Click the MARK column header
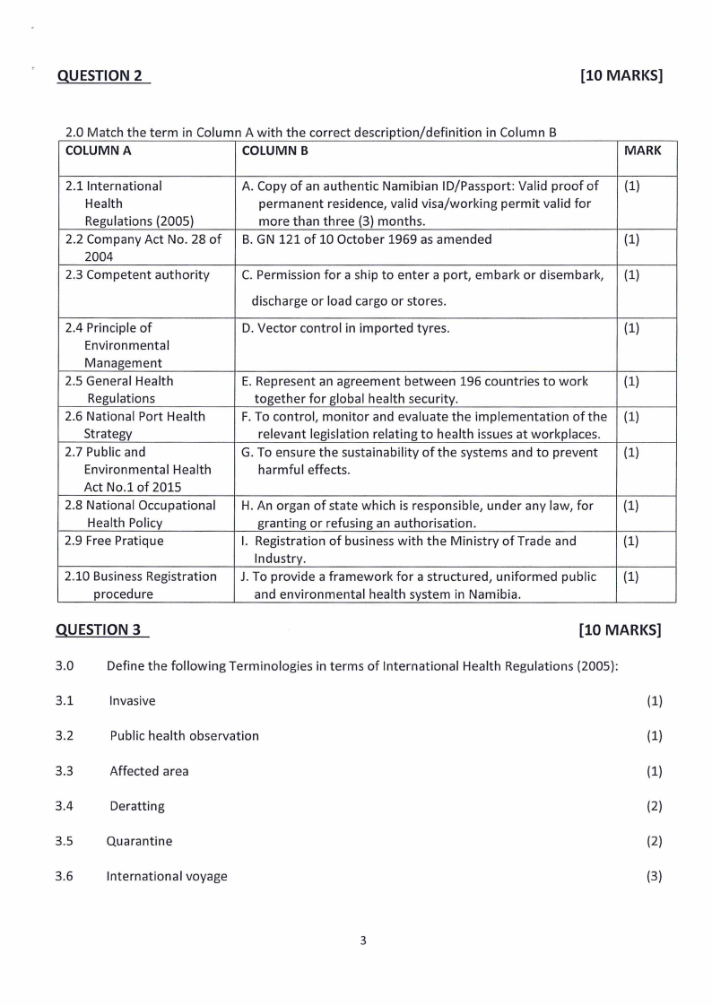(642, 151)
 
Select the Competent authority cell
(137, 275)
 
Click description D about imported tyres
(346, 328)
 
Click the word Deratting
(137, 806)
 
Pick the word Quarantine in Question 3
(139, 841)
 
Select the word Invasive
(132, 701)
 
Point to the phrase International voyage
(167, 876)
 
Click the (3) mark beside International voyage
(654, 876)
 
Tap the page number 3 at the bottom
(363, 941)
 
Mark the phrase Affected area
(149, 771)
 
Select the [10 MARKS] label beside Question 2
(621, 76)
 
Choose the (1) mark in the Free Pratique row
(631, 542)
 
